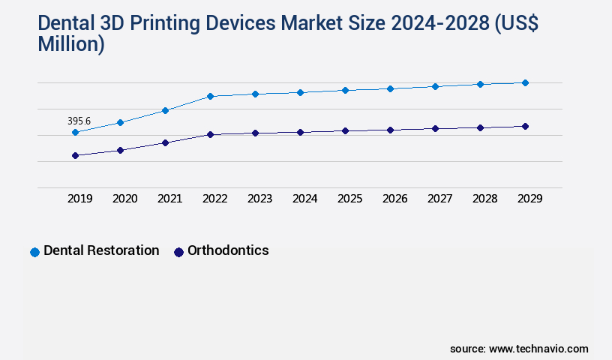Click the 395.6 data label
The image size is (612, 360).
pos(79,121)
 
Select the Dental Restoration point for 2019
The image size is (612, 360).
pos(75,132)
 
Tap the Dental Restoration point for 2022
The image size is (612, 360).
pos(210,96)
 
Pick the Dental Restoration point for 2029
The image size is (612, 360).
pos(525,82)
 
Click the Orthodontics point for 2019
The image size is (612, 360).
pos(75,155)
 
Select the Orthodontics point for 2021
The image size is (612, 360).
pos(165,142)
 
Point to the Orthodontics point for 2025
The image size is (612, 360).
pos(345,130)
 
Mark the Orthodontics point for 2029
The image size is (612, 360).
pos(525,126)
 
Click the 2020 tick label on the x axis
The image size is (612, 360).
pos(124,199)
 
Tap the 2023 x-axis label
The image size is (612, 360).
pos(259,199)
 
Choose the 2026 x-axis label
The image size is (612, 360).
pos(394,199)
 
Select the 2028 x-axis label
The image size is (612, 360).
pos(484,199)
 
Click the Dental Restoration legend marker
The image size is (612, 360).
pos(34,252)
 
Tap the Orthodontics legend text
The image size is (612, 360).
pos(228,250)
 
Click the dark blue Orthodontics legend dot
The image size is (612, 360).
pos(178,252)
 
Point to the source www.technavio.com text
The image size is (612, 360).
pos(519,349)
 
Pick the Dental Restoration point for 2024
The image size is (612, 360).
pos(300,92)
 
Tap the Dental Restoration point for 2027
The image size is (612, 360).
pos(435,86)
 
